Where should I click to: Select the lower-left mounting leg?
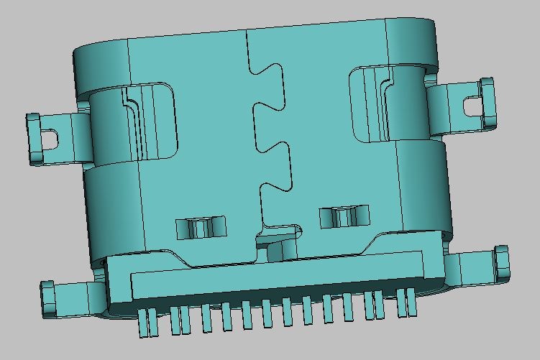72,296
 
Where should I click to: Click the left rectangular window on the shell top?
201,228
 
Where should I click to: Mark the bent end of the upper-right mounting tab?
489,101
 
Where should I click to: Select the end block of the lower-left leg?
49,299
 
